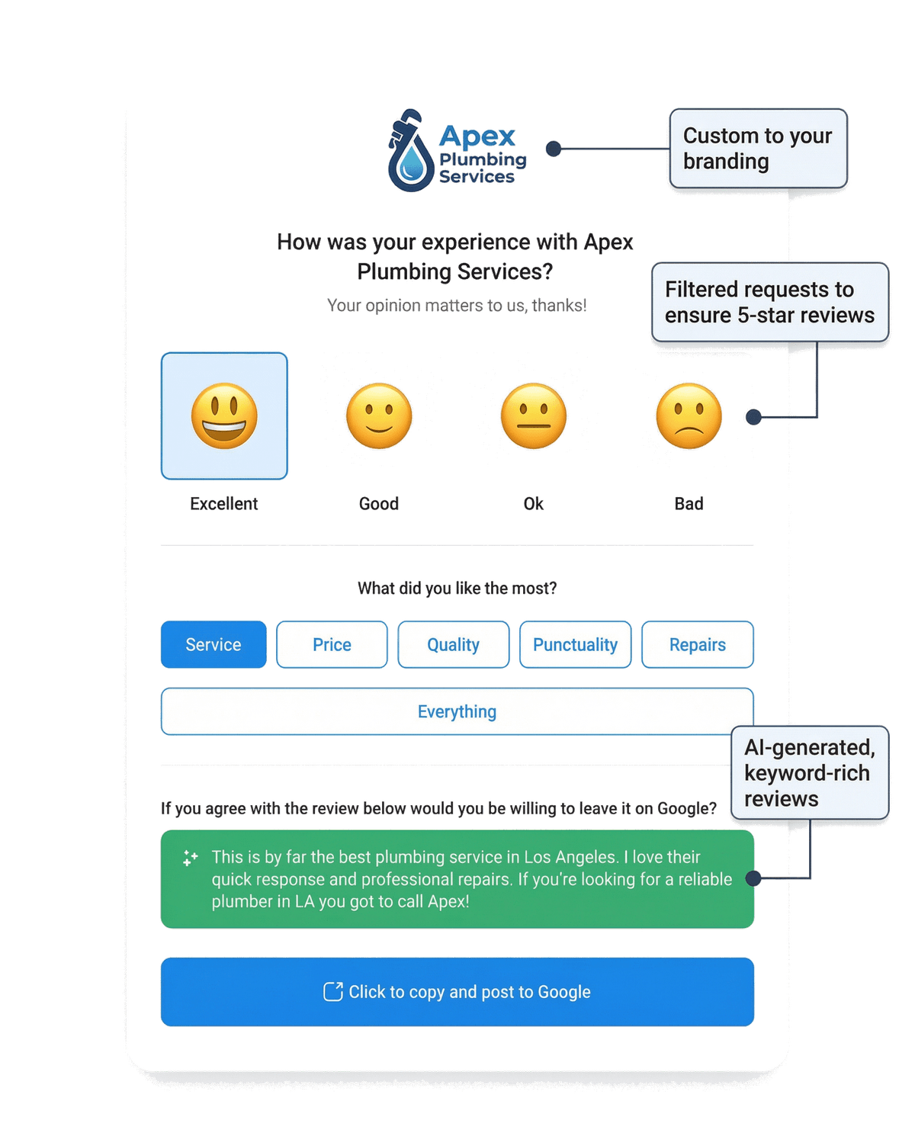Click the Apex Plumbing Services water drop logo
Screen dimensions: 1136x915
click(410, 152)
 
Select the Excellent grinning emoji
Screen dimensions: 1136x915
click(224, 416)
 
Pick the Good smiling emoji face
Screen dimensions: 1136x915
click(379, 416)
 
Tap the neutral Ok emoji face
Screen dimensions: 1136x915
click(534, 416)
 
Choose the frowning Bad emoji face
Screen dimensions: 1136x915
click(689, 416)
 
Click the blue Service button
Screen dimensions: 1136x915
click(213, 644)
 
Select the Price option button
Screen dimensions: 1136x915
click(332, 644)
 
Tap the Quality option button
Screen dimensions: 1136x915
click(453, 644)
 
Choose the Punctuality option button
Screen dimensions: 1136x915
click(575, 644)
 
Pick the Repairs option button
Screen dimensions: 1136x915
click(697, 644)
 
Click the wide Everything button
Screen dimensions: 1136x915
click(457, 711)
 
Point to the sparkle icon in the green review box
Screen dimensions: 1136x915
click(190, 858)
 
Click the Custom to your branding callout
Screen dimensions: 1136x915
click(757, 149)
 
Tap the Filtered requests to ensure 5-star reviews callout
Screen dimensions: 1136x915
click(769, 302)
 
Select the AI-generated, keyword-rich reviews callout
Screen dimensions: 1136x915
click(809, 772)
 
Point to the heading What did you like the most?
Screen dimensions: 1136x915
click(457, 588)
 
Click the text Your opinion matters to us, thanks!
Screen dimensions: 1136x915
click(457, 306)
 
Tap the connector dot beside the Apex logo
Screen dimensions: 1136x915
click(554, 149)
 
